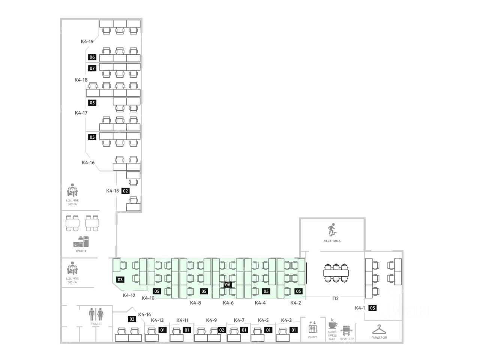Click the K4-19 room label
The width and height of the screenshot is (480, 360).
click(x=87, y=42)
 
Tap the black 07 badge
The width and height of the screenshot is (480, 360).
click(x=92, y=68)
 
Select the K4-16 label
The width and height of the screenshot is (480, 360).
click(x=88, y=163)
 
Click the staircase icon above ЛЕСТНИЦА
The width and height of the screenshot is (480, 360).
click(x=331, y=229)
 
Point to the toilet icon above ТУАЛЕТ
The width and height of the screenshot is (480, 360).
click(x=96, y=313)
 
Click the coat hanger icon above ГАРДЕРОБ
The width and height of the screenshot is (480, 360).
click(x=379, y=329)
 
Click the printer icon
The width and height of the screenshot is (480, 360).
click(x=346, y=330)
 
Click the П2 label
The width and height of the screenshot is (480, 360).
click(x=336, y=298)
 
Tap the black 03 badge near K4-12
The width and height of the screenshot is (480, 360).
click(x=120, y=280)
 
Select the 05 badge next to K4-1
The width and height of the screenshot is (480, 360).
click(x=372, y=308)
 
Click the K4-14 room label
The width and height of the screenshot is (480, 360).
click(x=144, y=315)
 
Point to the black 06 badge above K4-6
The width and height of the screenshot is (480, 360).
click(x=228, y=285)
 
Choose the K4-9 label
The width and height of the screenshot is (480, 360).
click(x=211, y=320)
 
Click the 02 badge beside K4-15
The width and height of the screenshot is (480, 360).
click(x=126, y=190)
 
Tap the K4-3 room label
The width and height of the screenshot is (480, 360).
click(x=286, y=320)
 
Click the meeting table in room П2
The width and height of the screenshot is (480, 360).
click(x=336, y=273)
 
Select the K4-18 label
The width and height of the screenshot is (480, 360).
click(x=81, y=80)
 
